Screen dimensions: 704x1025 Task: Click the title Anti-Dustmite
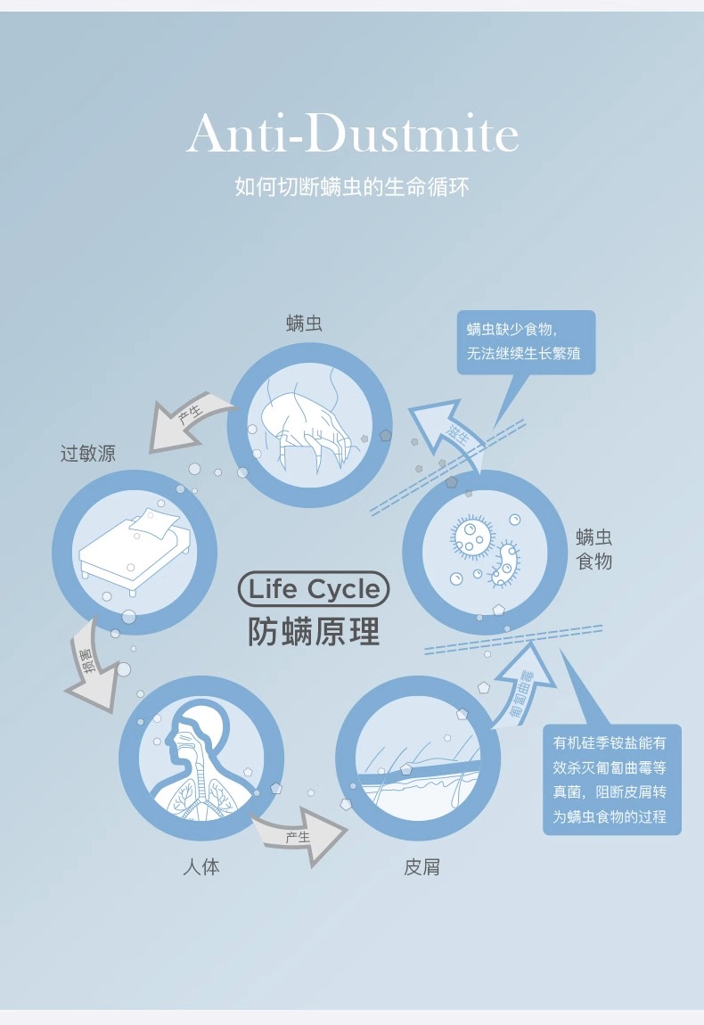coord(352,135)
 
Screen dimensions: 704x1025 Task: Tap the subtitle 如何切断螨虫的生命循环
coord(352,187)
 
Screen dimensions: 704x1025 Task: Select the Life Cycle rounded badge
coord(314,589)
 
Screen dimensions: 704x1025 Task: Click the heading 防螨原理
coord(314,630)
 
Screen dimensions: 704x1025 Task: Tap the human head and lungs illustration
coord(200,758)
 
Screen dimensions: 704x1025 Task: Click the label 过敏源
coord(87,454)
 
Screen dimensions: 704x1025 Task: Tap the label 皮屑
coord(422,866)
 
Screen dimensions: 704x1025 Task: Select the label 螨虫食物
coord(593,549)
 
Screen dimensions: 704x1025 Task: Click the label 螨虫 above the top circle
coord(305,324)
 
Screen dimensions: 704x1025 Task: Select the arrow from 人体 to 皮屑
coord(299,833)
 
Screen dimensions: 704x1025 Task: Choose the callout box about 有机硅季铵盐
coord(611,779)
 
